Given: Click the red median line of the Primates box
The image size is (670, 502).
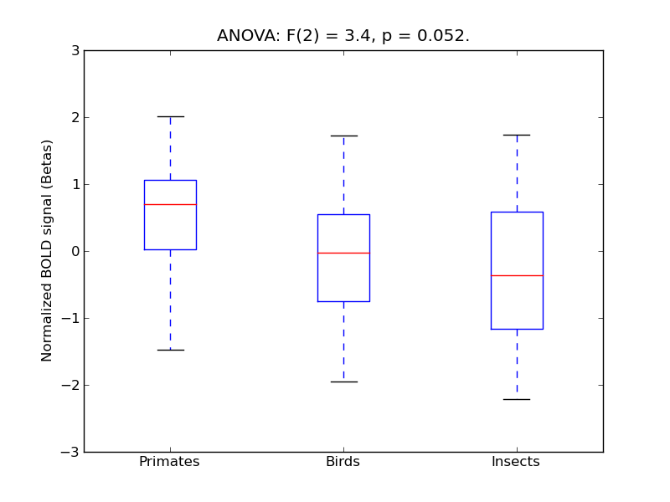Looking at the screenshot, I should pyautogui.click(x=170, y=204).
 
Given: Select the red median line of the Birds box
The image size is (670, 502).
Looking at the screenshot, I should pyautogui.click(x=343, y=253).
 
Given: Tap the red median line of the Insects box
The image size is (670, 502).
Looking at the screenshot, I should pyautogui.click(x=517, y=275).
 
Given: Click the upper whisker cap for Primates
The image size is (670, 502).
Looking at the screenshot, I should pyautogui.click(x=170, y=116).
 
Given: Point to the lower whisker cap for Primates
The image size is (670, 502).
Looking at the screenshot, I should pyautogui.click(x=170, y=350).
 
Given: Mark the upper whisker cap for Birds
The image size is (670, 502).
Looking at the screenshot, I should pyautogui.click(x=343, y=136).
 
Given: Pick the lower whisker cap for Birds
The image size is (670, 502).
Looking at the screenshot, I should pyautogui.click(x=343, y=382).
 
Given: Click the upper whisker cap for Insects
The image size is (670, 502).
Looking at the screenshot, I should pyautogui.click(x=517, y=135).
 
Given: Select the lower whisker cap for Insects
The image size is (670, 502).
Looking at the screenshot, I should pyautogui.click(x=517, y=399).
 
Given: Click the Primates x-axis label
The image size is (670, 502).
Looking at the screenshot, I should pyautogui.click(x=169, y=462).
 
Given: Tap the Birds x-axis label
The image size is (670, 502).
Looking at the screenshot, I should pyautogui.click(x=343, y=462).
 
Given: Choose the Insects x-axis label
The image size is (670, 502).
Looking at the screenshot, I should pyautogui.click(x=516, y=462).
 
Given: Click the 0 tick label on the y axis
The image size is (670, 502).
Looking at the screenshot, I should pyautogui.click(x=75, y=251).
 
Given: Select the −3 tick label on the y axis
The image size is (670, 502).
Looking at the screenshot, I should pyautogui.click(x=70, y=452).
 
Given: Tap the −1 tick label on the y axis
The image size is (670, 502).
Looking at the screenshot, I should pyautogui.click(x=70, y=318).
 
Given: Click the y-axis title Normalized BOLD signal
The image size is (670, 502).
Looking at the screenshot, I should pyautogui.click(x=48, y=250).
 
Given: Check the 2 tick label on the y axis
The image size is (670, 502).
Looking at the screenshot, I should pyautogui.click(x=75, y=117).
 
